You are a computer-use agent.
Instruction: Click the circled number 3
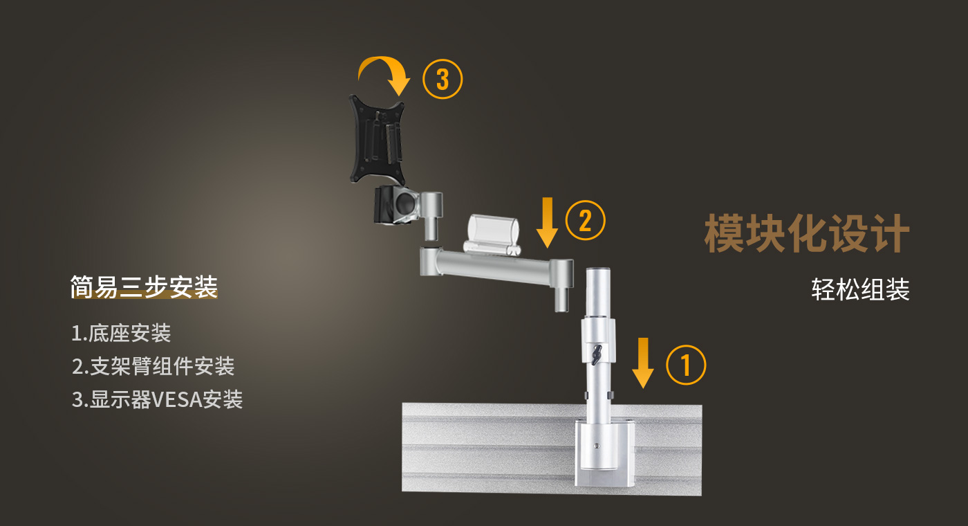click(442, 79)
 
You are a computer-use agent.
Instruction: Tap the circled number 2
click(585, 220)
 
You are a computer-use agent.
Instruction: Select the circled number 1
click(686, 365)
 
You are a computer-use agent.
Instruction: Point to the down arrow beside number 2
click(547, 222)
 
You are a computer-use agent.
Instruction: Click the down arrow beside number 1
click(643, 363)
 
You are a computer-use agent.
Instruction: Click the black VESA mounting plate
click(378, 140)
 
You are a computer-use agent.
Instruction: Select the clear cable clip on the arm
click(492, 234)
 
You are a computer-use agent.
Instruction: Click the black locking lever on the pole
click(597, 354)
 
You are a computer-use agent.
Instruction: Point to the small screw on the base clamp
click(597, 446)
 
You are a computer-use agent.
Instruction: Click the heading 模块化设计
click(807, 233)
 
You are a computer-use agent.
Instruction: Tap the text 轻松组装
click(860, 289)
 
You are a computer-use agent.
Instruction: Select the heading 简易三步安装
click(144, 287)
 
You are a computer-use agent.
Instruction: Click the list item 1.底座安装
click(121, 333)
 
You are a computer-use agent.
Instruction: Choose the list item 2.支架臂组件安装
click(153, 366)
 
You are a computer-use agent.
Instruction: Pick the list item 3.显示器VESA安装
click(157, 399)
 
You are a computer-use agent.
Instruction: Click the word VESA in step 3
click(178, 400)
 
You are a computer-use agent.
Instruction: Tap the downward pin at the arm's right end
click(561, 299)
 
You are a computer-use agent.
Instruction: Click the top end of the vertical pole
click(598, 269)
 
